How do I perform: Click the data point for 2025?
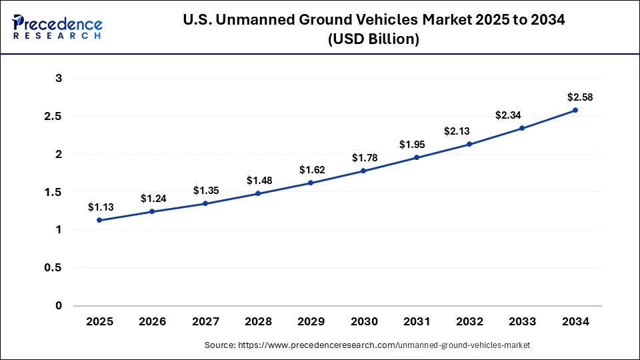coord(99,220)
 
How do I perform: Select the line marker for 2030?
coord(363,171)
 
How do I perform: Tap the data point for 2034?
coord(575,110)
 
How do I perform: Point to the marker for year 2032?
coord(469,144)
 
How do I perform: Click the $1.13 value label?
coord(99,207)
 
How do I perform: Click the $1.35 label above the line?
coord(205,191)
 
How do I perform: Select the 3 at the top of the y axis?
coord(59,79)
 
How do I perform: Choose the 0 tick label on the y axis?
coord(59,306)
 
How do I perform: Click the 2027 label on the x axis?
coord(205,321)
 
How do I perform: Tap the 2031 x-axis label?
coord(417,321)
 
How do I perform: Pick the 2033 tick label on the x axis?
coord(522,321)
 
